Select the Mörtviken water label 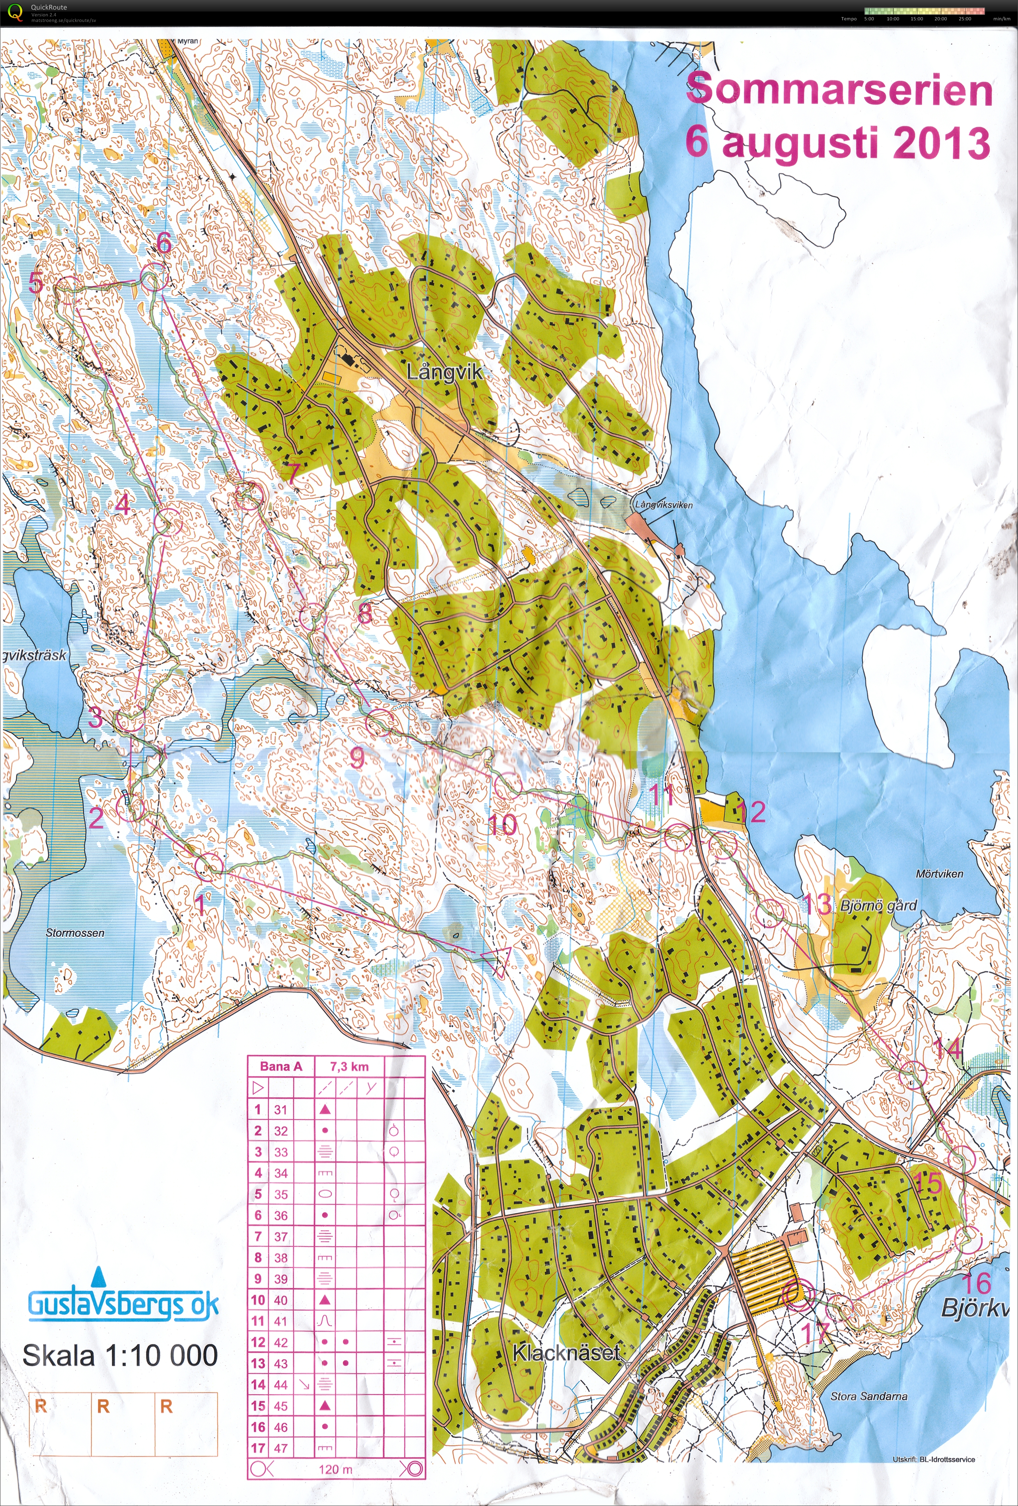[939, 874]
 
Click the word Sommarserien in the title [839, 90]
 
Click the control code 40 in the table [280, 1300]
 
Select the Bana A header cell [281, 1066]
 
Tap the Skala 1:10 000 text [120, 1356]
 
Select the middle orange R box [103, 1406]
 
